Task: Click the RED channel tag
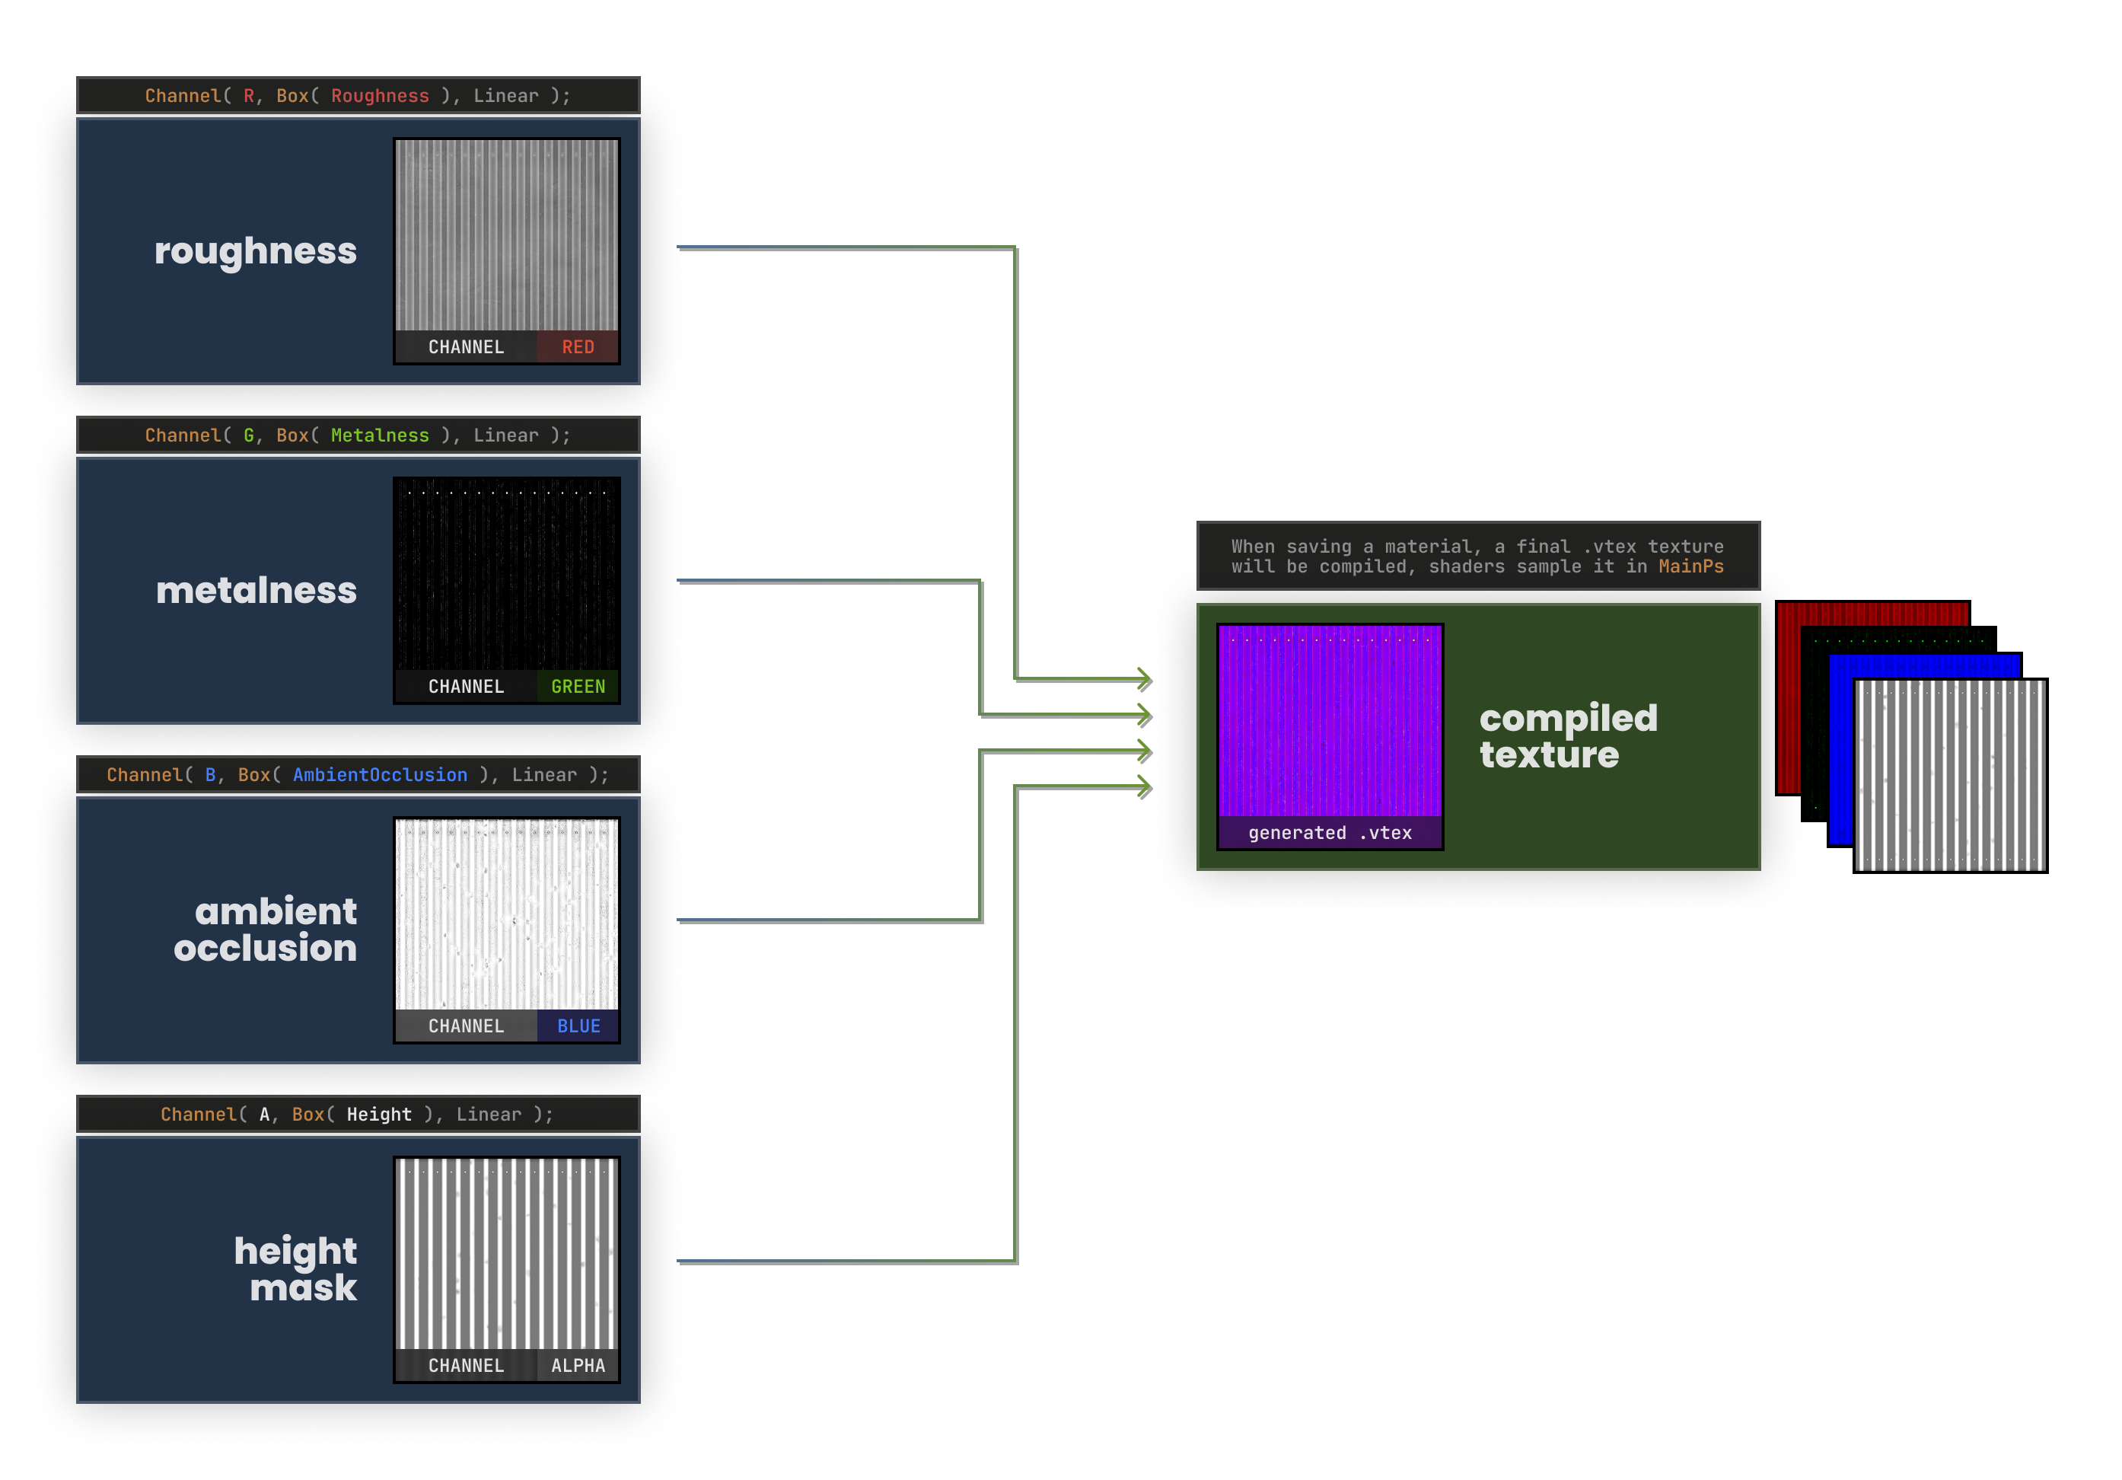(x=578, y=346)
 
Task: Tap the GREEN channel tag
(x=578, y=686)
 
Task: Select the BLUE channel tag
(x=578, y=1025)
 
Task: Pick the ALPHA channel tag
(x=578, y=1364)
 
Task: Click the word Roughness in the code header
(x=380, y=95)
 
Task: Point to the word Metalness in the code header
(x=380, y=435)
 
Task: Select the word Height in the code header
(x=379, y=1113)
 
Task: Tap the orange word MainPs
(x=1690, y=566)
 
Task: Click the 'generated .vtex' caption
(x=1329, y=832)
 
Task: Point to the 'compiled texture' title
(x=1569, y=736)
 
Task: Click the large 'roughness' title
(x=255, y=251)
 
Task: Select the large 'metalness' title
(x=256, y=590)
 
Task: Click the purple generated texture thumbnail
(x=1329, y=721)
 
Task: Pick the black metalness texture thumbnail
(x=506, y=573)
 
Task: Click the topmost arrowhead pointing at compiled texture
(x=1145, y=678)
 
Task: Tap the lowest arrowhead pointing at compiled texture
(x=1145, y=786)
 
